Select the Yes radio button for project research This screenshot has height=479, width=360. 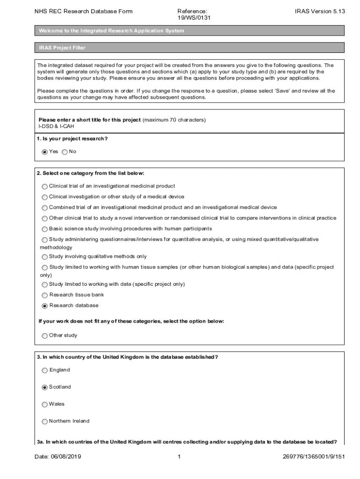coord(45,152)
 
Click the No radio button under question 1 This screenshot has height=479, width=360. coord(65,152)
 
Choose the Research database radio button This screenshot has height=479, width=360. coord(45,306)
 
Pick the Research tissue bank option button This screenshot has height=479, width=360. coord(45,295)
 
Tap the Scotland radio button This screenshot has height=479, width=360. coord(45,387)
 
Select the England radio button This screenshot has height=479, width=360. coord(45,370)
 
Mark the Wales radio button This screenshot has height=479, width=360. coord(45,404)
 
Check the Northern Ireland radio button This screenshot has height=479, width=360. coord(45,421)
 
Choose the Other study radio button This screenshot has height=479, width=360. coord(45,335)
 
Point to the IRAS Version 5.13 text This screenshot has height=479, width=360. coord(320,11)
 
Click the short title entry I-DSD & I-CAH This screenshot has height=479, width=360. coord(56,126)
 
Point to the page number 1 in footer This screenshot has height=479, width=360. coord(179,457)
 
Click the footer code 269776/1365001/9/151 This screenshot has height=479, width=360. coord(314,457)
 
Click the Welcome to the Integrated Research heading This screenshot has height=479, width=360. coord(112,31)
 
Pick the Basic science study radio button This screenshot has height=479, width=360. coord(45,229)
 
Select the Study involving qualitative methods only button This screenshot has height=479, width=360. coord(45,257)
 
